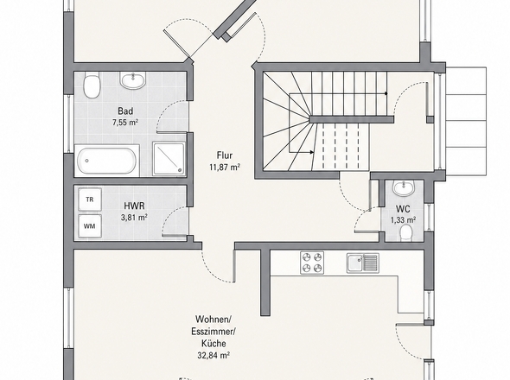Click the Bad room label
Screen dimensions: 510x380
pyautogui.click(x=125, y=111)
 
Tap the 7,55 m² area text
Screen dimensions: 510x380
pyautogui.click(x=125, y=123)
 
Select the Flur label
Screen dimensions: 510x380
pyautogui.click(x=225, y=155)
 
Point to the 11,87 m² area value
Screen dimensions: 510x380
pyautogui.click(x=225, y=168)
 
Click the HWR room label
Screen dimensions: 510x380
pyautogui.click(x=134, y=206)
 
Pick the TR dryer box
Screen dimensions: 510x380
pyautogui.click(x=90, y=199)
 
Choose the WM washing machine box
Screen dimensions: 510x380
pyautogui.click(x=90, y=226)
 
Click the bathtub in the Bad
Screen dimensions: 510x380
pyautogui.click(x=107, y=161)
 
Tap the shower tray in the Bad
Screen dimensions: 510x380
pyautogui.click(x=169, y=159)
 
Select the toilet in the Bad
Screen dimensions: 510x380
pyautogui.click(x=92, y=85)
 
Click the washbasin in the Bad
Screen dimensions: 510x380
pyautogui.click(x=133, y=80)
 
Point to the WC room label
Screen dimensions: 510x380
pyautogui.click(x=403, y=209)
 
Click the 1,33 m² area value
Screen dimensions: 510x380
pyautogui.click(x=403, y=220)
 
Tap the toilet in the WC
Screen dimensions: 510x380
pyautogui.click(x=405, y=233)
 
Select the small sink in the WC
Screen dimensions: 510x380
pyautogui.click(x=404, y=188)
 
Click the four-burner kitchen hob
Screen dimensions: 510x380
pyautogui.click(x=312, y=263)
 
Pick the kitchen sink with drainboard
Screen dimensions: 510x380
pyautogui.click(x=363, y=263)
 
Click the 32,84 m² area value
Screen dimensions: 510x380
pyautogui.click(x=214, y=355)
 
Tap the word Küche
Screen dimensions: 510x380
pyautogui.click(x=214, y=344)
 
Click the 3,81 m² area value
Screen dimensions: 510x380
pyautogui.click(x=134, y=218)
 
